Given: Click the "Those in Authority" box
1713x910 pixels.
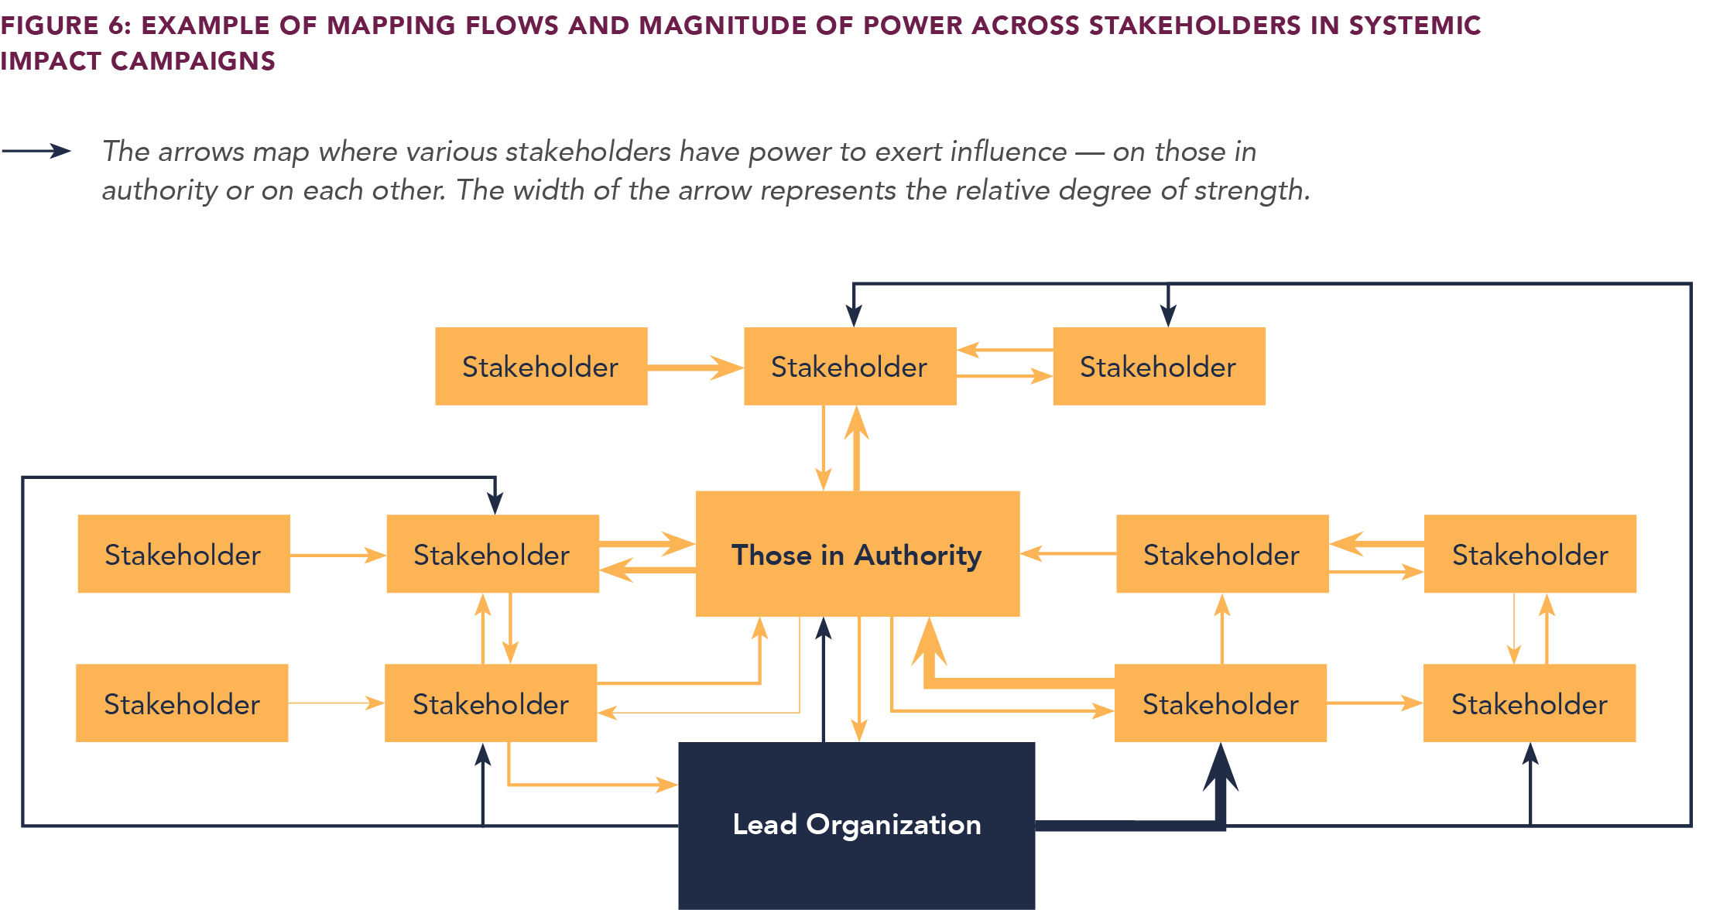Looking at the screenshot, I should click(857, 554).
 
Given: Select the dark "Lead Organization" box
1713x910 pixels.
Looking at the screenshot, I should click(856, 825).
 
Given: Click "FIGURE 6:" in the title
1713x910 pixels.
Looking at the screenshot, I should click(65, 26).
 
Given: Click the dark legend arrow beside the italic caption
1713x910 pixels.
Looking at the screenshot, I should click(37, 151).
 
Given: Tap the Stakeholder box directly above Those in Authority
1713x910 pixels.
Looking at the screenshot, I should click(849, 367).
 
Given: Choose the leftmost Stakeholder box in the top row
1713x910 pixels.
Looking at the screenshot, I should click(540, 367).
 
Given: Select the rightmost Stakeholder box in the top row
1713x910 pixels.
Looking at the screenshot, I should click(1158, 367).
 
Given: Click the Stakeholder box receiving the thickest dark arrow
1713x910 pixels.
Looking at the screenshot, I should click(1220, 703).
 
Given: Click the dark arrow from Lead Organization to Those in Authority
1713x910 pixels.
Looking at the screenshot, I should click(824, 681).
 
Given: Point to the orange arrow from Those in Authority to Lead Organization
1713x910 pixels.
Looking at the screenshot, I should click(859, 681).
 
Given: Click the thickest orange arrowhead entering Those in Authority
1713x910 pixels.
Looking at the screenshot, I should click(930, 642).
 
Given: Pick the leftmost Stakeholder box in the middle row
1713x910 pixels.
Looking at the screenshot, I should click(183, 554).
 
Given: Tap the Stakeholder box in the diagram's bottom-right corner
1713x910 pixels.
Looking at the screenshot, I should click(1529, 703).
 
